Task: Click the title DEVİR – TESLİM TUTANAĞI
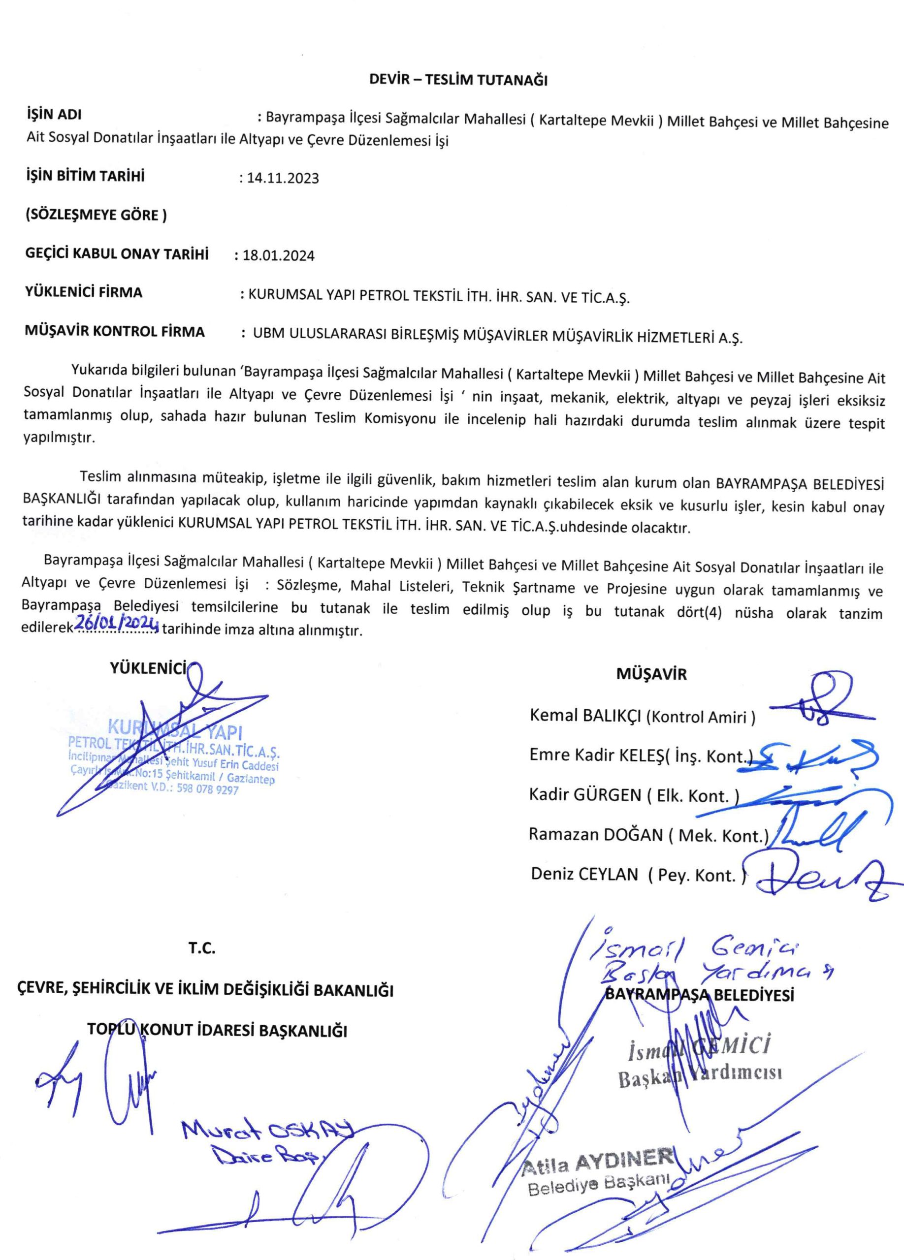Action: click(458, 80)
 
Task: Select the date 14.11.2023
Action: click(283, 178)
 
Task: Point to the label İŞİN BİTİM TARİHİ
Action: click(85, 176)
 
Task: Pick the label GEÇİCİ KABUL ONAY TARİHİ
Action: click(117, 254)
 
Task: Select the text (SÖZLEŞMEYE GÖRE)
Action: click(96, 215)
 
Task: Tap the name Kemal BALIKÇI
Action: click(586, 715)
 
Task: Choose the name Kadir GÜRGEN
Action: click(585, 795)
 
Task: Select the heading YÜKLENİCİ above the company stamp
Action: click(148, 669)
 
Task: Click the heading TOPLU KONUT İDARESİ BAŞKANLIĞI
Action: click(217, 1030)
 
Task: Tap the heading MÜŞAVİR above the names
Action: click(651, 674)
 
